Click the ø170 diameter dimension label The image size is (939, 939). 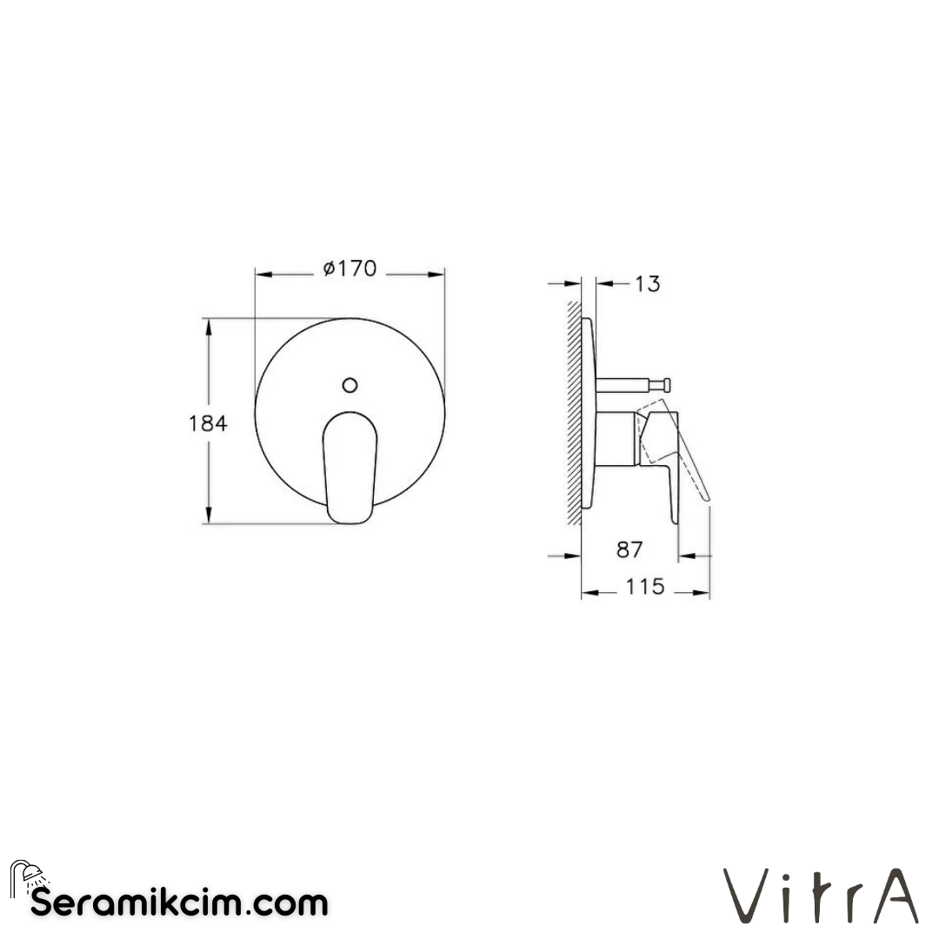[350, 269]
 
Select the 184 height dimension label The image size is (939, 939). [208, 423]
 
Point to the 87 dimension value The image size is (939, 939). [629, 549]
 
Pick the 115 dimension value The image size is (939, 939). [645, 587]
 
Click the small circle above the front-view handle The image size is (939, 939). [350, 385]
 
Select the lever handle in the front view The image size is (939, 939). [350, 466]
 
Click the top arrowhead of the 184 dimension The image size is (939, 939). [208, 324]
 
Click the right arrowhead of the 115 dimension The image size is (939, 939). [705, 593]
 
